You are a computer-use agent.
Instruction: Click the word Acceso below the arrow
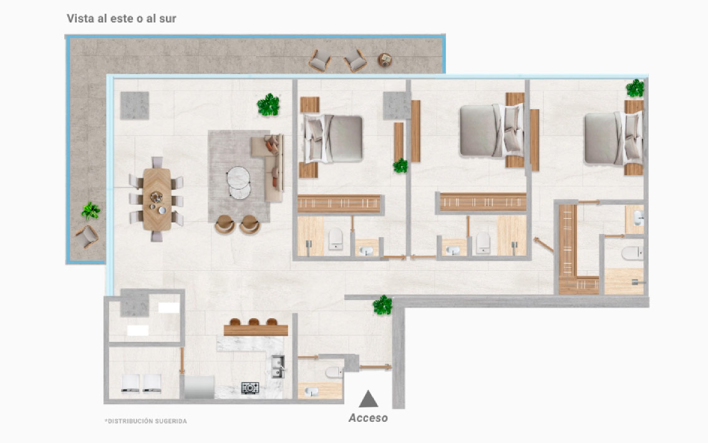coord(368,418)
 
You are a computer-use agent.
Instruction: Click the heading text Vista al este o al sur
coord(122,19)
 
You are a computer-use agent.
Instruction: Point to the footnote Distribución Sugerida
coord(145,421)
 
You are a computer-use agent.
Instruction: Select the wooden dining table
coord(157,198)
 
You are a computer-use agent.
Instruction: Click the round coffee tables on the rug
coord(239,183)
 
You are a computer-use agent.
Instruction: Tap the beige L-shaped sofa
coord(269,168)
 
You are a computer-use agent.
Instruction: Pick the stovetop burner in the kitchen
coord(250,387)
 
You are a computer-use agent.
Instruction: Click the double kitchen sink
coord(278,366)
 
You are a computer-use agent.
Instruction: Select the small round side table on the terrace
coord(385,60)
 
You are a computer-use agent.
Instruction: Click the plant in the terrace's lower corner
coord(90,211)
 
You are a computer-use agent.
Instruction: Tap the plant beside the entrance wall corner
coord(382,305)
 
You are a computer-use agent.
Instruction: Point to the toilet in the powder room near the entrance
coord(334,372)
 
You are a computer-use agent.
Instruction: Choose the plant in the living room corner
coord(268,105)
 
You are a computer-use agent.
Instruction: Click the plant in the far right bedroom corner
coord(635,88)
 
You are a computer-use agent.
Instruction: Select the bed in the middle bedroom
coord(492,130)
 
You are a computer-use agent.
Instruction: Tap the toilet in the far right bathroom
coord(632,253)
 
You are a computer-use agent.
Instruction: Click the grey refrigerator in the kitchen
coord(199,387)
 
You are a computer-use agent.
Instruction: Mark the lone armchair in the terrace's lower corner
coord(87,236)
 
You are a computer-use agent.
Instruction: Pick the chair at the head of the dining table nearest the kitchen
coord(157,236)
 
